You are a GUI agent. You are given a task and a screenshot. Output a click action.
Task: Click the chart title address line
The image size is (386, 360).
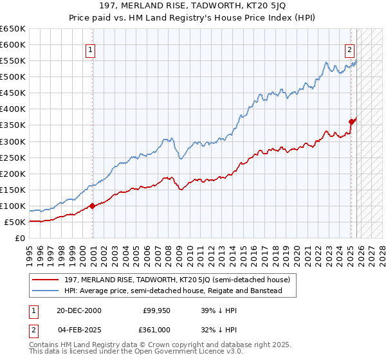(193, 6)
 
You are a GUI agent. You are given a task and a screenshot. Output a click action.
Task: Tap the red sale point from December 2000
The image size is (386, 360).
(93, 206)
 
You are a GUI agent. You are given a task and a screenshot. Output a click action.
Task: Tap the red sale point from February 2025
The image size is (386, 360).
(351, 122)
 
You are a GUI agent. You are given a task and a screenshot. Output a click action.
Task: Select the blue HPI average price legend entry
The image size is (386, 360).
(173, 291)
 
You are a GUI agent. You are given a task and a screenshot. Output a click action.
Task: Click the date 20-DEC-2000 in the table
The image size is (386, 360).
(79, 310)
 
